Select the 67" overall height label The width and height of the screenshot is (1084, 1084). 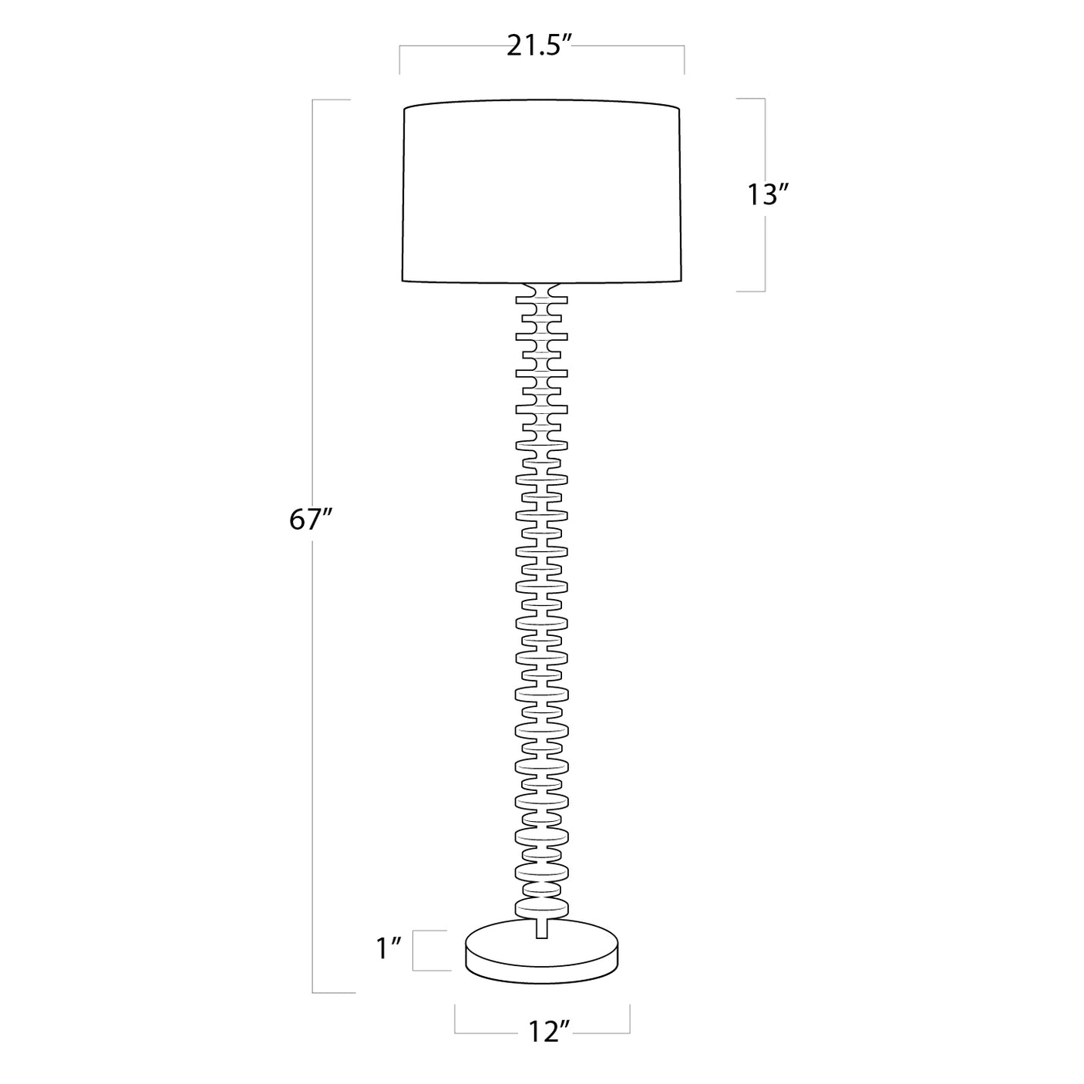(x=310, y=520)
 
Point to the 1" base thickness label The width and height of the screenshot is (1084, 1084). (x=389, y=949)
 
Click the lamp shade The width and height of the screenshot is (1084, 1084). (x=541, y=193)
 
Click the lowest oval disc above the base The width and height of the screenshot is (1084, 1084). (x=542, y=907)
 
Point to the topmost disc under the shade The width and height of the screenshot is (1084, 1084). (x=542, y=298)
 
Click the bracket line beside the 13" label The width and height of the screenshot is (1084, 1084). (x=764, y=195)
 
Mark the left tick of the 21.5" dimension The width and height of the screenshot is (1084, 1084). (x=399, y=60)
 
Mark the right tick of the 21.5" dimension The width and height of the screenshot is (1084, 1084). (x=684, y=60)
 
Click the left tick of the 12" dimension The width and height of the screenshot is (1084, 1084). (x=455, y=1019)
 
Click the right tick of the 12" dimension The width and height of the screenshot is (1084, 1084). (x=630, y=1019)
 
